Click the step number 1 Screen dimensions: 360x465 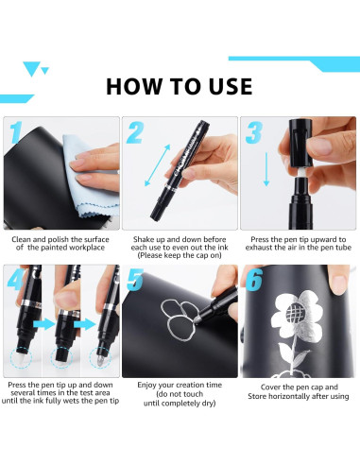(15, 132)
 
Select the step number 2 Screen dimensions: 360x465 (135, 133)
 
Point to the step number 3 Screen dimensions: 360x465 (254, 132)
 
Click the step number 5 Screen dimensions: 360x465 (135, 280)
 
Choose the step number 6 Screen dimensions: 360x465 (254, 280)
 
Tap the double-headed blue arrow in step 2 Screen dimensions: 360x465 (157, 165)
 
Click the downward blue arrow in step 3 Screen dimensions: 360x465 (266, 169)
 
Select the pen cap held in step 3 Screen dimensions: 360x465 (300, 143)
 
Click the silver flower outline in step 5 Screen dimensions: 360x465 (179, 319)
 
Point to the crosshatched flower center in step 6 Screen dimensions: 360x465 (296, 312)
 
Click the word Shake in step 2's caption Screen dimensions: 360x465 (143, 239)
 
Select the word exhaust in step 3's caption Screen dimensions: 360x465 (258, 248)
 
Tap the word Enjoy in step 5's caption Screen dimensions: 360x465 (146, 386)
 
